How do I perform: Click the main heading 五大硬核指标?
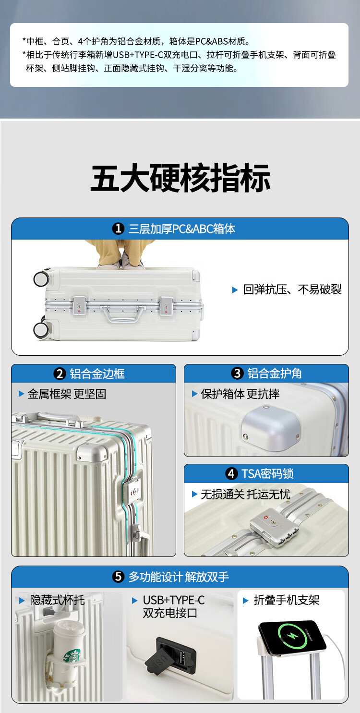click(x=180, y=179)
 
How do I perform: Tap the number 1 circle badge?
click(x=118, y=229)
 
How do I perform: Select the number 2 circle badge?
click(x=60, y=374)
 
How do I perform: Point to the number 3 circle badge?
click(x=237, y=374)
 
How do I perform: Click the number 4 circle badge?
click(x=231, y=474)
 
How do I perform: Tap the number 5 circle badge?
click(x=118, y=577)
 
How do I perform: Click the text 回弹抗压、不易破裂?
click(x=292, y=290)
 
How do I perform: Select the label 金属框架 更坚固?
click(x=67, y=394)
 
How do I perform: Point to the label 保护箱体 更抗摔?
click(x=240, y=394)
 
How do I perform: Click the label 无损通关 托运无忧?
click(x=245, y=494)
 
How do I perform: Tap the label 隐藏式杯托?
click(x=57, y=600)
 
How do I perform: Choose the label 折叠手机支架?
click(x=286, y=600)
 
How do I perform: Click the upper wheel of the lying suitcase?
click(x=41, y=278)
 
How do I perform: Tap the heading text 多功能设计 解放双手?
click(x=179, y=577)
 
